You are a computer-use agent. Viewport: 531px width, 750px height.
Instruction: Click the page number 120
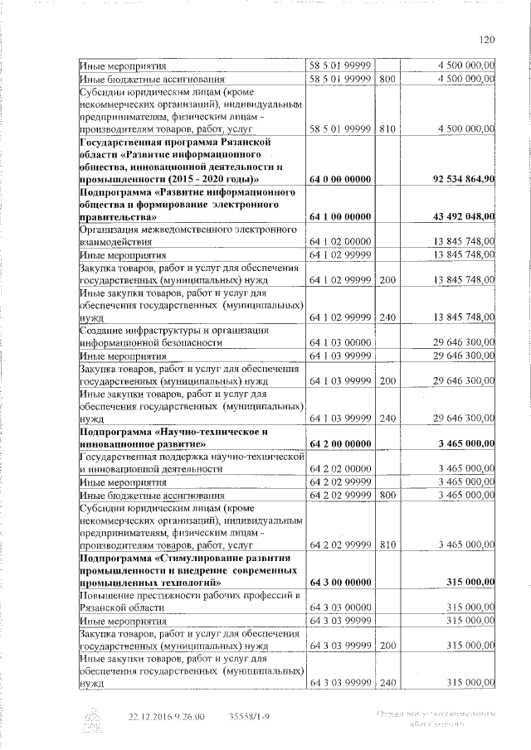click(x=486, y=38)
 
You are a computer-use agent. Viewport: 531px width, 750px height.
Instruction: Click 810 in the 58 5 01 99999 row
click(x=387, y=130)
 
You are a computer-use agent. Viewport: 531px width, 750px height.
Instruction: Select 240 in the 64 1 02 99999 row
click(x=387, y=317)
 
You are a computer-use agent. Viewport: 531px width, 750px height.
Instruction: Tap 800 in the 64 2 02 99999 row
click(x=387, y=495)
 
